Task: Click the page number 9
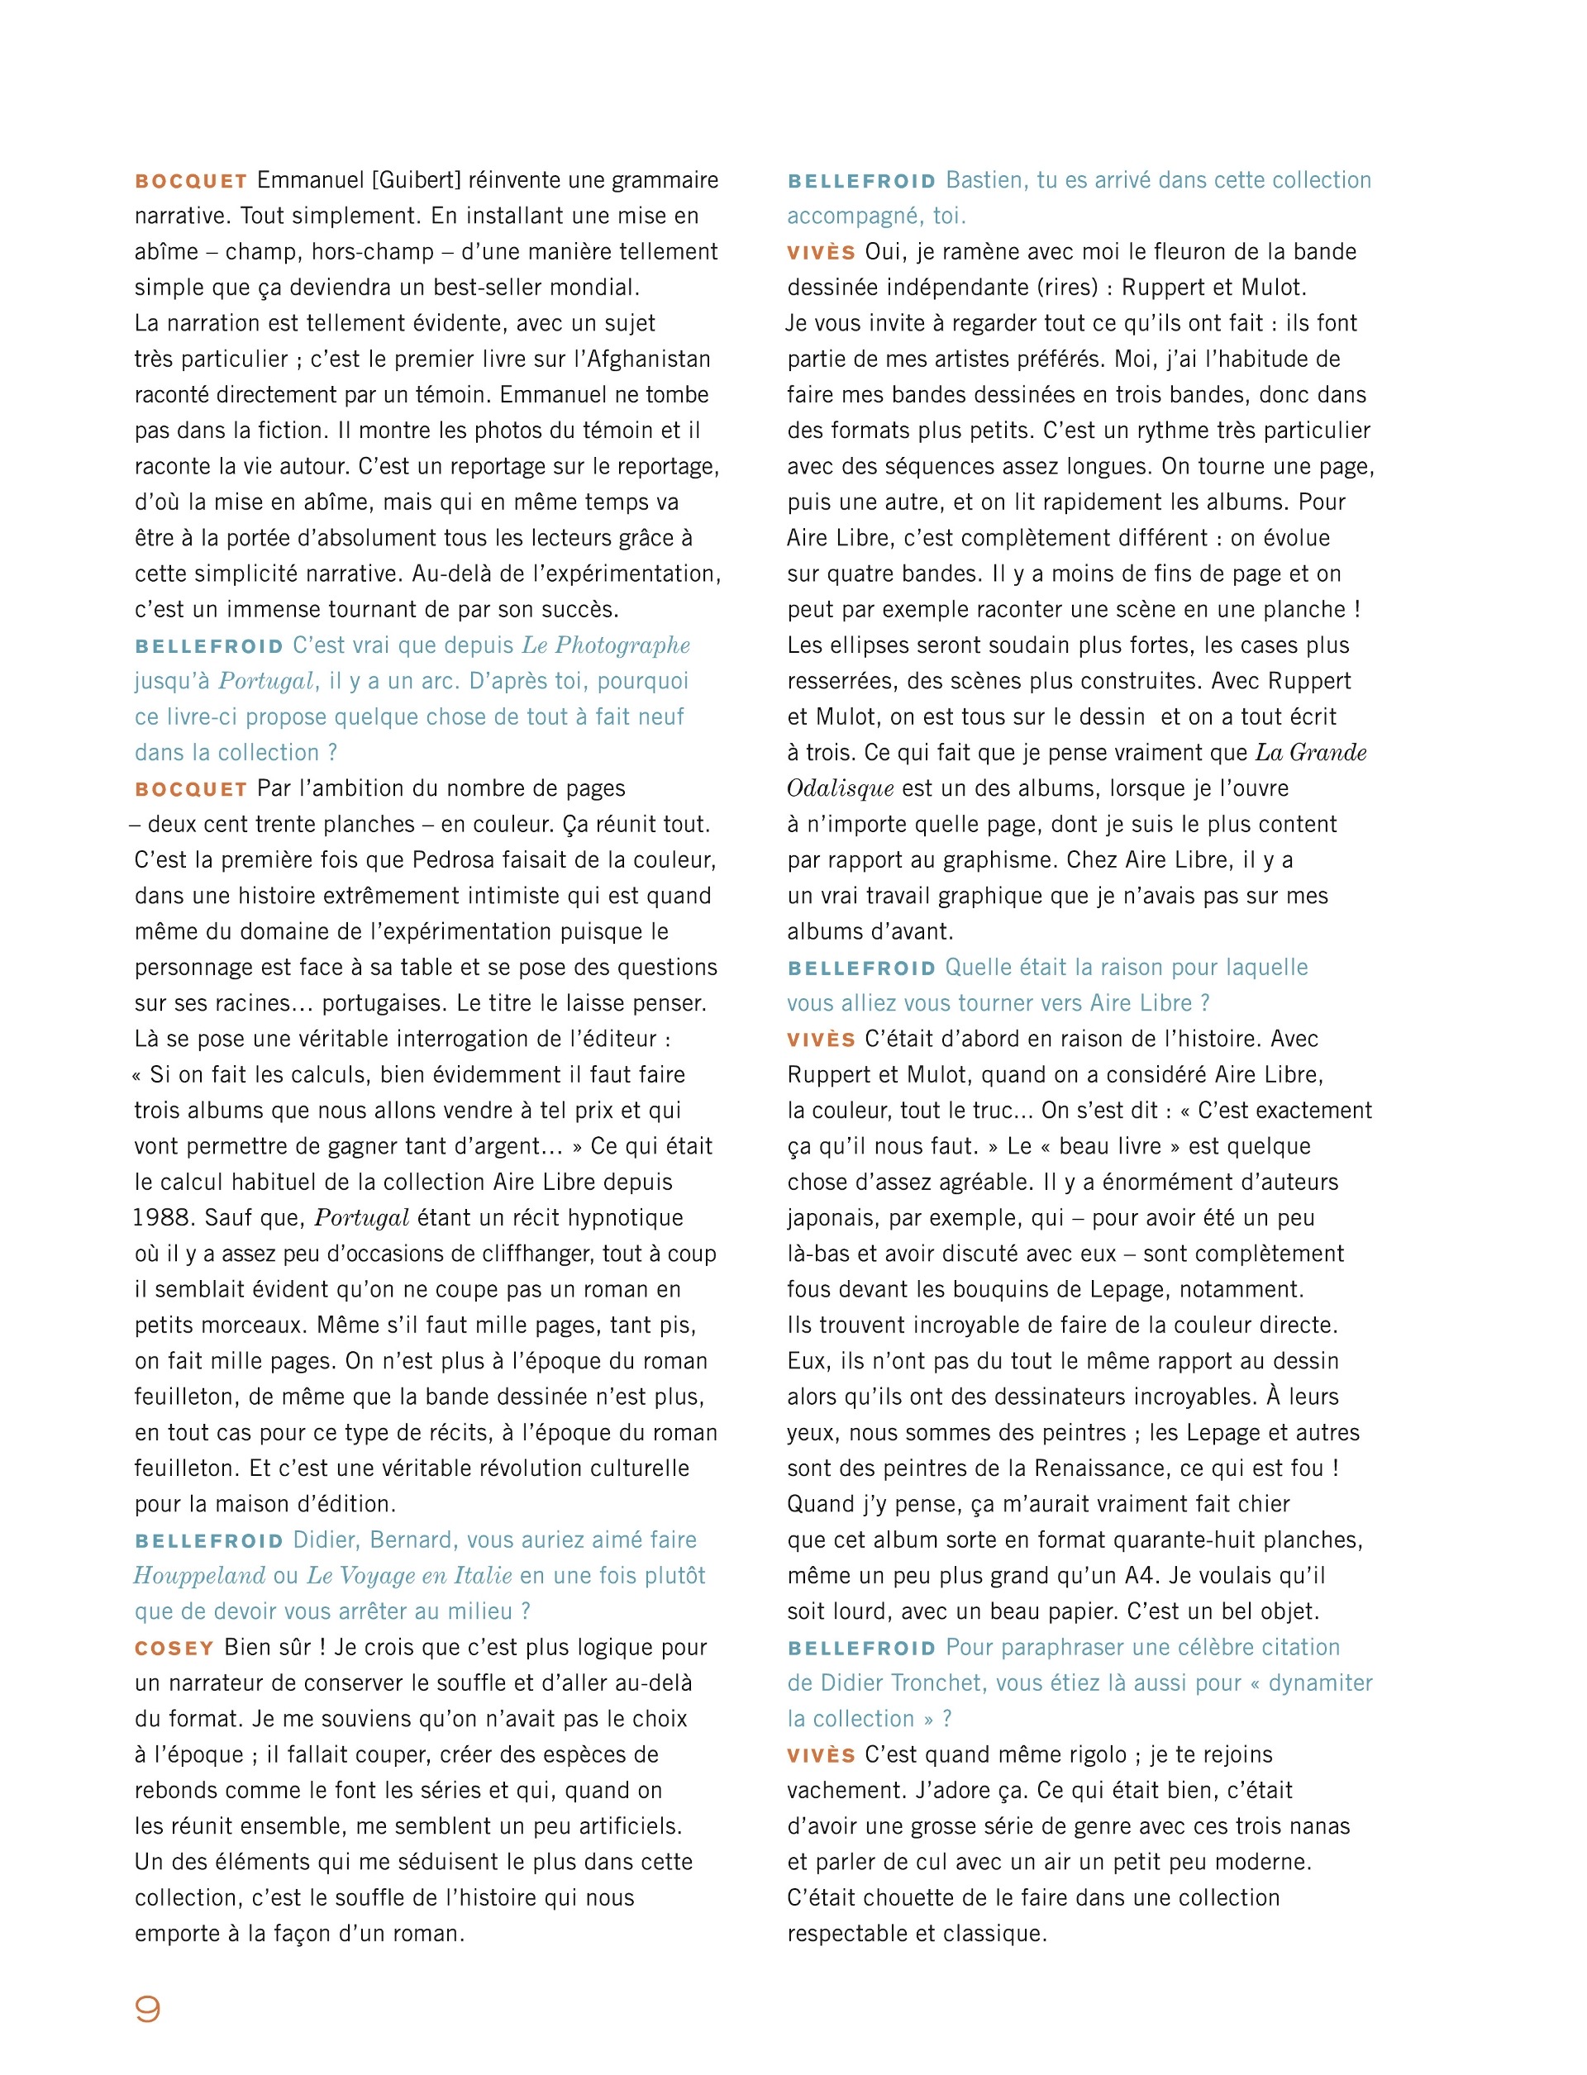(147, 2009)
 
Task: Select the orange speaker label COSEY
(174, 1648)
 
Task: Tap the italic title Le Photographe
(606, 645)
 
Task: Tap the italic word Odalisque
(840, 788)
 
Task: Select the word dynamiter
(1320, 1683)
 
